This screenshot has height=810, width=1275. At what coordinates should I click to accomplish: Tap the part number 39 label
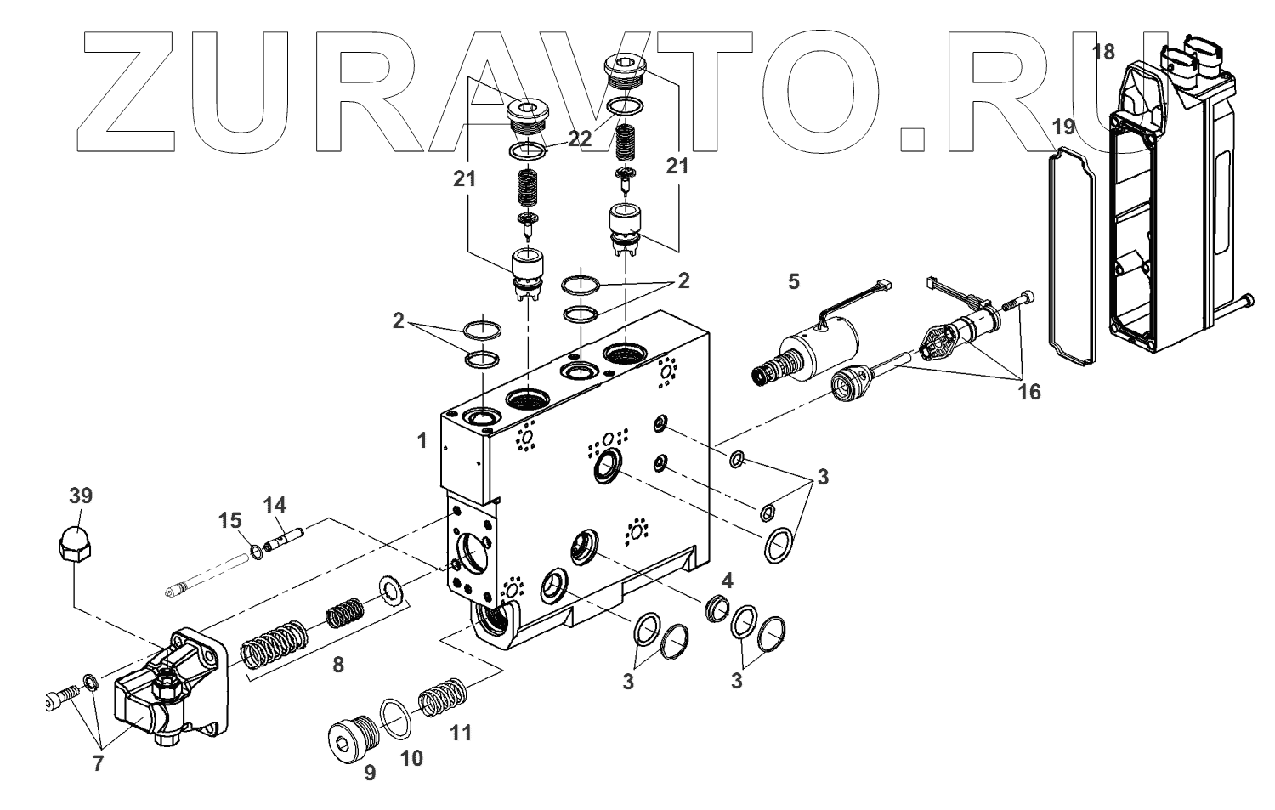80,496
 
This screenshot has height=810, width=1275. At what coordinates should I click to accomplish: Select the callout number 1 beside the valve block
422,440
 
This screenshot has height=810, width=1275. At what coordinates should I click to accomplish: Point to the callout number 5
793,281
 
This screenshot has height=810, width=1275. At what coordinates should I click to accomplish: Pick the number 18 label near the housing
1103,52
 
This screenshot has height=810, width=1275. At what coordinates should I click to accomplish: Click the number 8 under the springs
338,666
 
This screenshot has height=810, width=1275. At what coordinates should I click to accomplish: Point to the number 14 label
275,505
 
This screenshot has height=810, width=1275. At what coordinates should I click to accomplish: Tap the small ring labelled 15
256,554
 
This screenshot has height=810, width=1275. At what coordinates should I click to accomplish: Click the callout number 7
98,763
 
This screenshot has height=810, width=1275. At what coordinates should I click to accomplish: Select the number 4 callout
727,581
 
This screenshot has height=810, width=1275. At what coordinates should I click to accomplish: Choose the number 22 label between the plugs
580,139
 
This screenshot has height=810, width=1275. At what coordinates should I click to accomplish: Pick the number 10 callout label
411,757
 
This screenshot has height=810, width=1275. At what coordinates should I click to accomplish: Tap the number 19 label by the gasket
1064,127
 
